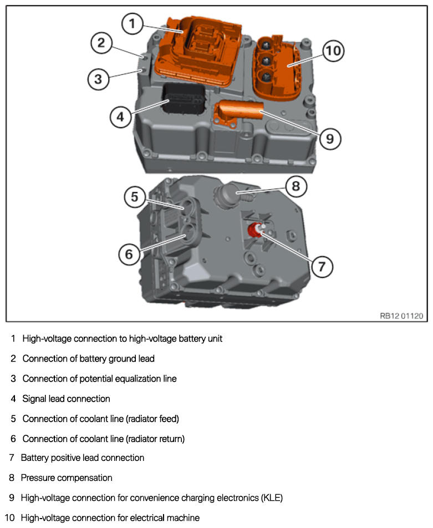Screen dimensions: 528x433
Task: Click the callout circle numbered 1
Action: click(x=131, y=24)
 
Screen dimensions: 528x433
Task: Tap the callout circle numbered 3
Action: click(x=98, y=79)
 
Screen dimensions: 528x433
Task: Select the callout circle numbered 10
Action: click(x=333, y=52)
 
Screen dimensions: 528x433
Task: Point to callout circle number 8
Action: click(x=296, y=186)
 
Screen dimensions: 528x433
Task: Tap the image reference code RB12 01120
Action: click(x=401, y=316)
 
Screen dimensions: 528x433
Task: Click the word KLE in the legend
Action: click(x=271, y=498)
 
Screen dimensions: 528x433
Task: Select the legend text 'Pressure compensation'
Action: click(x=67, y=478)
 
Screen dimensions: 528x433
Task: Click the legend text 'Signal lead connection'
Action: click(x=66, y=399)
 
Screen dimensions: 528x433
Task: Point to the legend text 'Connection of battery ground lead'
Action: click(x=88, y=359)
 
